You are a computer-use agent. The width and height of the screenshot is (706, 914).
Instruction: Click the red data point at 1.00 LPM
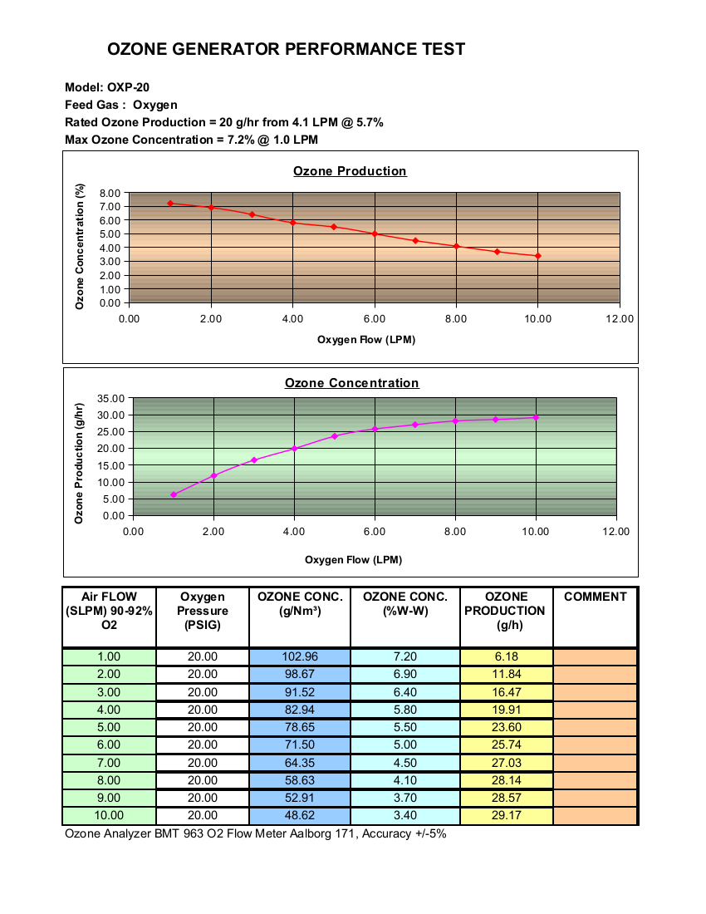point(170,204)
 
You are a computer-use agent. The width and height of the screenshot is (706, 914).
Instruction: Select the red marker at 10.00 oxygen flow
point(538,256)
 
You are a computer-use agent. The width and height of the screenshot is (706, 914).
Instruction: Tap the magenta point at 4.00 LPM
point(295,448)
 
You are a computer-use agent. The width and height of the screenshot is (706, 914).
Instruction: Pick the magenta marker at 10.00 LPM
point(536,417)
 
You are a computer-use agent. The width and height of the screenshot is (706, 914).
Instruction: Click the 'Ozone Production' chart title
point(350,171)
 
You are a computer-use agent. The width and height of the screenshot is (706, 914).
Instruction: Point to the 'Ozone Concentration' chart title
point(352,383)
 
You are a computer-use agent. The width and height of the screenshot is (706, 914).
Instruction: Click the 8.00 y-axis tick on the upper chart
point(110,193)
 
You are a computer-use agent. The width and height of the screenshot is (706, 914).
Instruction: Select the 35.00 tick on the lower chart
point(110,399)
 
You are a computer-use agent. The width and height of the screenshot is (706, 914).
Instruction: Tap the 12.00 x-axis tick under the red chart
point(620,319)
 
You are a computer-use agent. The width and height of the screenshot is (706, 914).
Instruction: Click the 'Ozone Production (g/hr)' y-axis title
point(79,464)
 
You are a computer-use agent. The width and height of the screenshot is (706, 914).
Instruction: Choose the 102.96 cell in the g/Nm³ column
point(300,656)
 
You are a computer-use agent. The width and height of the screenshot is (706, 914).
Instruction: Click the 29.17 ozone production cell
point(506,815)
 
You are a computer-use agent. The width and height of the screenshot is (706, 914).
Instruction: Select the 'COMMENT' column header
point(596,597)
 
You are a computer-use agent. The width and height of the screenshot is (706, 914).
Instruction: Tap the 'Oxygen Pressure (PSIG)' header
point(202,611)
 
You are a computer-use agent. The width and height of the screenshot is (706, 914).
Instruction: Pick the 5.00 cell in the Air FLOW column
point(109,727)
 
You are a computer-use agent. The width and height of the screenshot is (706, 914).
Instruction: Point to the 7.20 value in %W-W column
point(405,656)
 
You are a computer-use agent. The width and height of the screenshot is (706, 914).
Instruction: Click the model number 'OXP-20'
point(128,87)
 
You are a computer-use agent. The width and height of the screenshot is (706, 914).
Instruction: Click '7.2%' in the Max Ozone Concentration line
point(241,140)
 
